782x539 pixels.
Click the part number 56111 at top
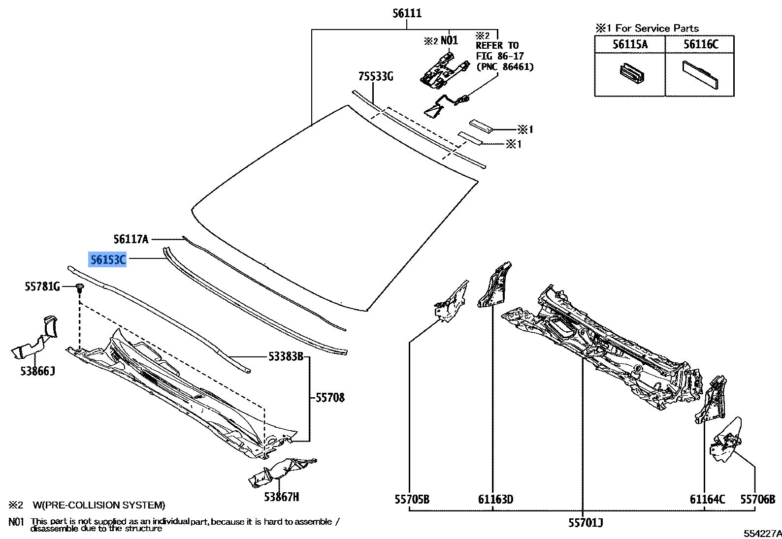[407, 14]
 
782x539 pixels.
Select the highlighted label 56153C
[107, 259]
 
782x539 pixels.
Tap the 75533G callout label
[376, 76]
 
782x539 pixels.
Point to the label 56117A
[131, 239]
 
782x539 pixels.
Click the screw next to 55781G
[80, 288]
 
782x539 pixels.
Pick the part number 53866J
[38, 371]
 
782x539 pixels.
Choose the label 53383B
[286, 356]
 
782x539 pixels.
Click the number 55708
[330, 397]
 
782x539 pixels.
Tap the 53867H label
[281, 497]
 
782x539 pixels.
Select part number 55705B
[412, 499]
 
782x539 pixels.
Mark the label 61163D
[496, 499]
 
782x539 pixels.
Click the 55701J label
[586, 523]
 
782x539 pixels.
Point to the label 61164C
[707, 499]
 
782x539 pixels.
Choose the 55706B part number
[758, 499]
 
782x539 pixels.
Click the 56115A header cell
[630, 44]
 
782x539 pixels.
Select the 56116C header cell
[700, 44]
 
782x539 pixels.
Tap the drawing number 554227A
[762, 534]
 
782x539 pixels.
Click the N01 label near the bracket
[449, 40]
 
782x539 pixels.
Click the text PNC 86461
[505, 66]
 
